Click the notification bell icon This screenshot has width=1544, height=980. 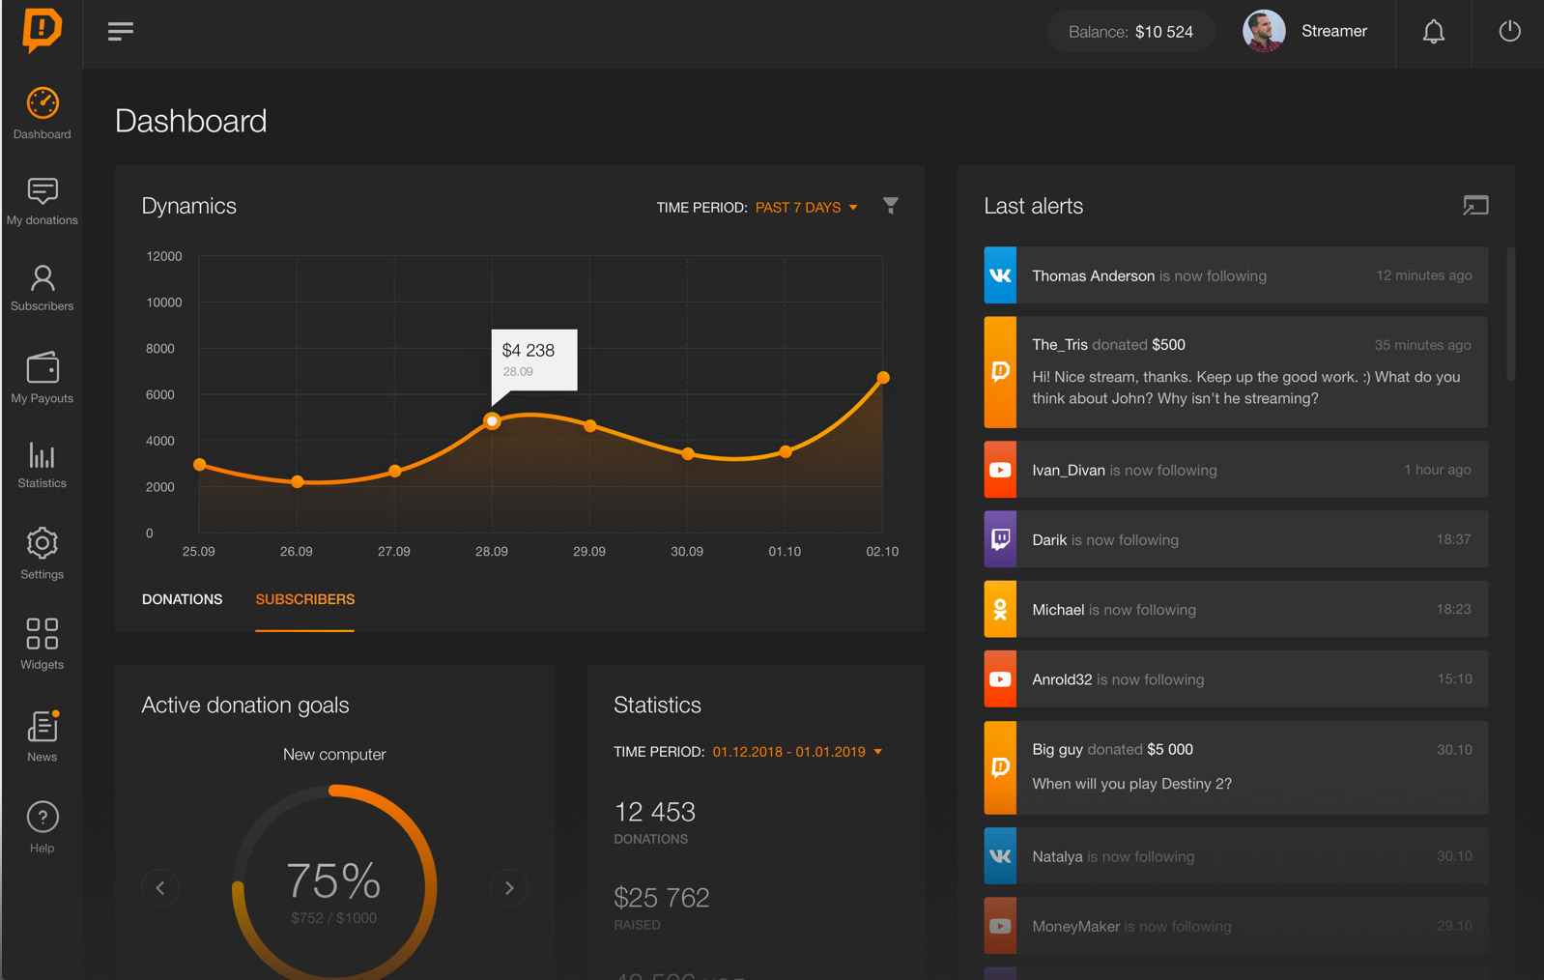(x=1433, y=32)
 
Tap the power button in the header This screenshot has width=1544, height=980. (x=1509, y=32)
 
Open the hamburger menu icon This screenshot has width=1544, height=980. (x=121, y=32)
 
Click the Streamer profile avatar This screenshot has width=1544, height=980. (x=1264, y=31)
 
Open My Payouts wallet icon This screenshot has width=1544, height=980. (x=43, y=368)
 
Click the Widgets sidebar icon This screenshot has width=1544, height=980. (x=43, y=634)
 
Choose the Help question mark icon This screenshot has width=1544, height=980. (x=43, y=818)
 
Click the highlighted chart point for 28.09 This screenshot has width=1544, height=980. (x=492, y=420)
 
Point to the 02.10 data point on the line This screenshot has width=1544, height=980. (x=882, y=378)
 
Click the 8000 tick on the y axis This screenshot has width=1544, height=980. (x=160, y=349)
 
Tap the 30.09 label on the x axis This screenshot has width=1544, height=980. (x=687, y=552)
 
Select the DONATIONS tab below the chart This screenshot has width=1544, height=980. (x=182, y=599)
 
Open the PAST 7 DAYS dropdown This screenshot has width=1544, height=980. (x=806, y=208)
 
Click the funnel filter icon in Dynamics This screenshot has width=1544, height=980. (x=891, y=206)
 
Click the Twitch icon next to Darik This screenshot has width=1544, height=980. (x=1000, y=539)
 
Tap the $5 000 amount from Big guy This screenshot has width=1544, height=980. (x=1169, y=749)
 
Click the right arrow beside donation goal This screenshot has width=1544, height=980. (x=509, y=887)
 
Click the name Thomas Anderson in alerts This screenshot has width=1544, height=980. (x=1093, y=276)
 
